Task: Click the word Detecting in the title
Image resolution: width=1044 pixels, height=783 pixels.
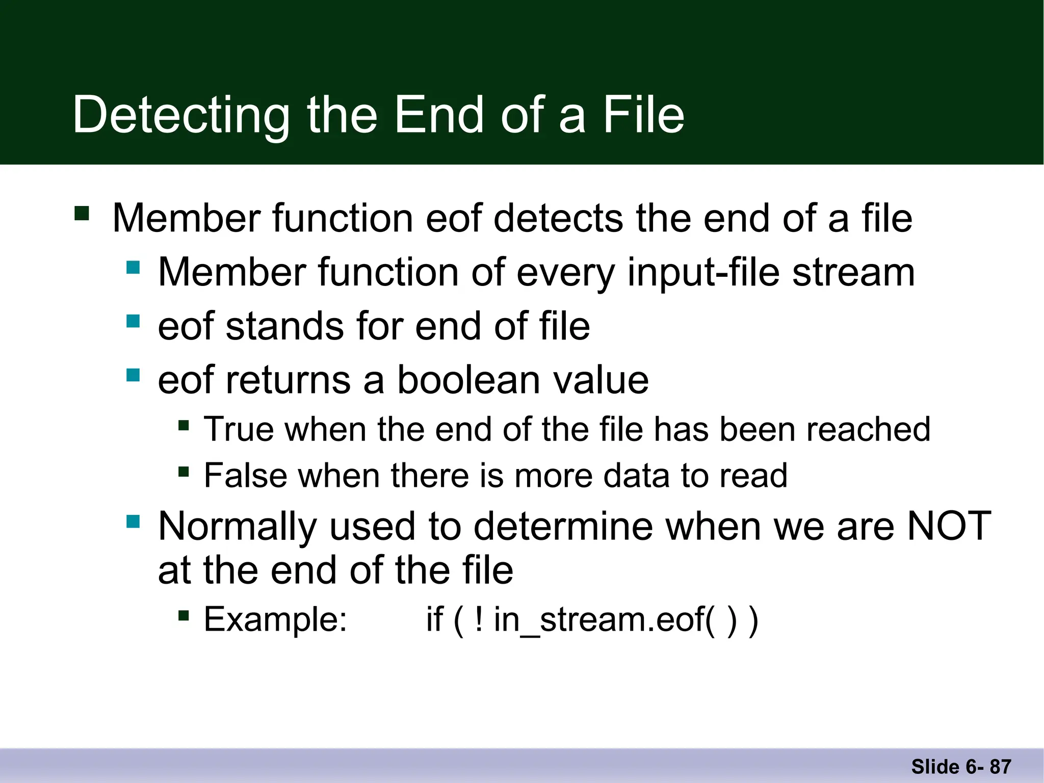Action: coord(180,116)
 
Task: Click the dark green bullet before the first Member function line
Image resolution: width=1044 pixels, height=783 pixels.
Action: coord(82,213)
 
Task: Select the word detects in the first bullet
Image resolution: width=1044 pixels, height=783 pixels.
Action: coord(558,218)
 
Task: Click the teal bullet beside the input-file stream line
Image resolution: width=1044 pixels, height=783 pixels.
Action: coord(133,268)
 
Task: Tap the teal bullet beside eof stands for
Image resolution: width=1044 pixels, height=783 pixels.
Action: coord(133,321)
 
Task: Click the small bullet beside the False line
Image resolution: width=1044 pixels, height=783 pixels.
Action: coord(184,472)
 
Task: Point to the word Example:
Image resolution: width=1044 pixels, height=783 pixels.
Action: coord(275,619)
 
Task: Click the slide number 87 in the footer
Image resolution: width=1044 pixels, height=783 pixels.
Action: coord(1000,767)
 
